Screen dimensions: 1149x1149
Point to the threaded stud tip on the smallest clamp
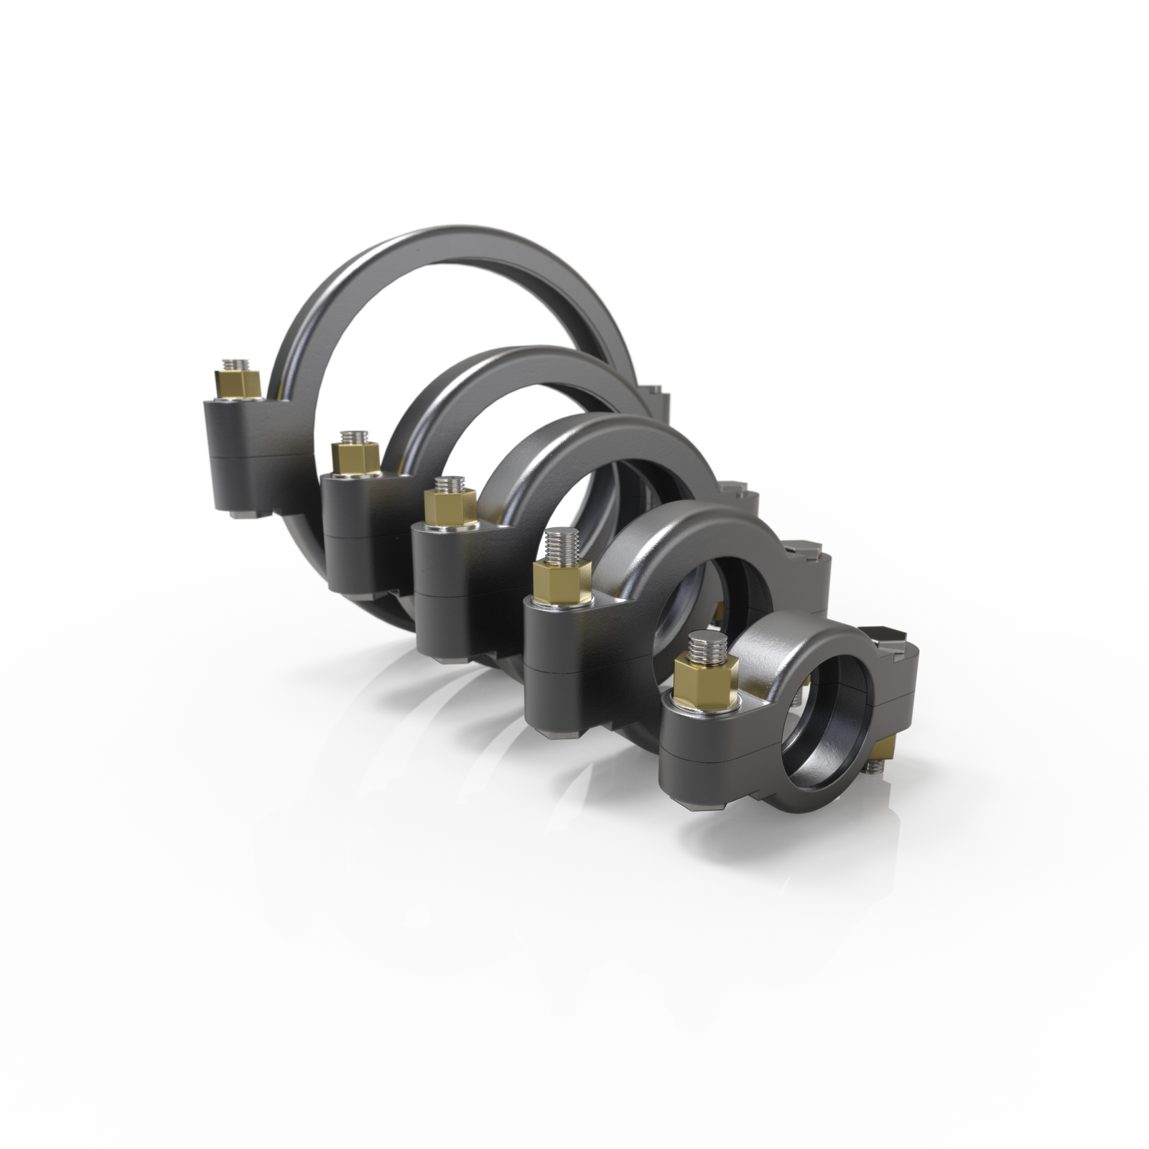point(701,646)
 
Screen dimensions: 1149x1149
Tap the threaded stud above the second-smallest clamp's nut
point(558,544)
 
